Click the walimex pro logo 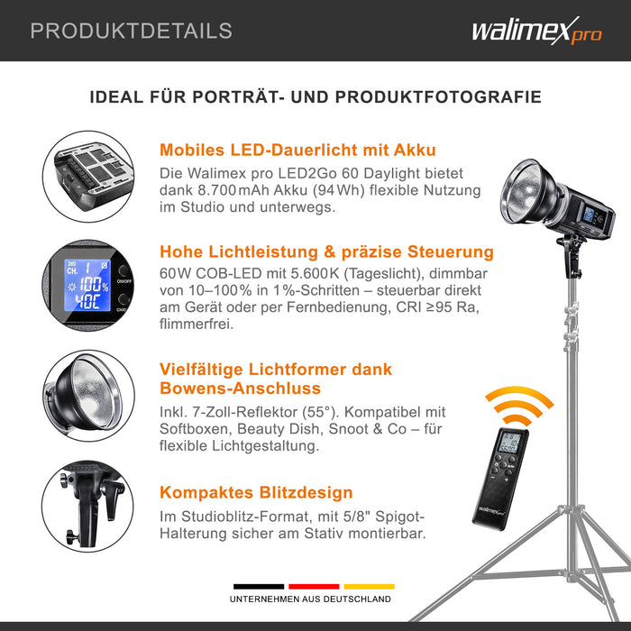point(537,31)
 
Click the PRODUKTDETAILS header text point(132,31)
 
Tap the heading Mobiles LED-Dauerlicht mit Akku point(297,150)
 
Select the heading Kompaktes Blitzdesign point(256,492)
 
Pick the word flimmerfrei point(197,324)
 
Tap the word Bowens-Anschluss point(241,389)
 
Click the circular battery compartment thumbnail point(88,177)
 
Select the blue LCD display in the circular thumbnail point(87,285)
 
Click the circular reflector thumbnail point(88,395)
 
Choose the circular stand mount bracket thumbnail point(87,507)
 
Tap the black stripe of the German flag point(259,586)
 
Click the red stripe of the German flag point(314,586)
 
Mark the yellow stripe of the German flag point(369,586)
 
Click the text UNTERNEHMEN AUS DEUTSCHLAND point(310,599)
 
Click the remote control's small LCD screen point(508,443)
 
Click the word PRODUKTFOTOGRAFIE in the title point(438,97)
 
